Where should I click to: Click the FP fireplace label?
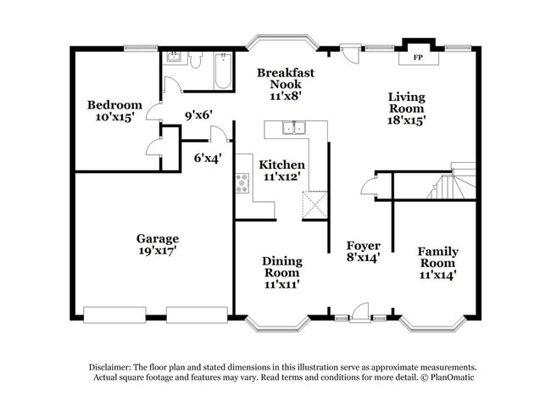point(418,58)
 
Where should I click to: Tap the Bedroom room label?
point(114,105)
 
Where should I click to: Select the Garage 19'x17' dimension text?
point(157,251)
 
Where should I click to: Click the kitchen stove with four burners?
point(242,183)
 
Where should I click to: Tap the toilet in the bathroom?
point(195,61)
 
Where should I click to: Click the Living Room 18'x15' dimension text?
point(407,120)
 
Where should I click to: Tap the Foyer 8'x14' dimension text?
point(363,257)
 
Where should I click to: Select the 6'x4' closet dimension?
point(208,157)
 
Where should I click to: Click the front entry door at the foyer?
point(360,312)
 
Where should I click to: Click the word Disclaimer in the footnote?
point(114,367)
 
